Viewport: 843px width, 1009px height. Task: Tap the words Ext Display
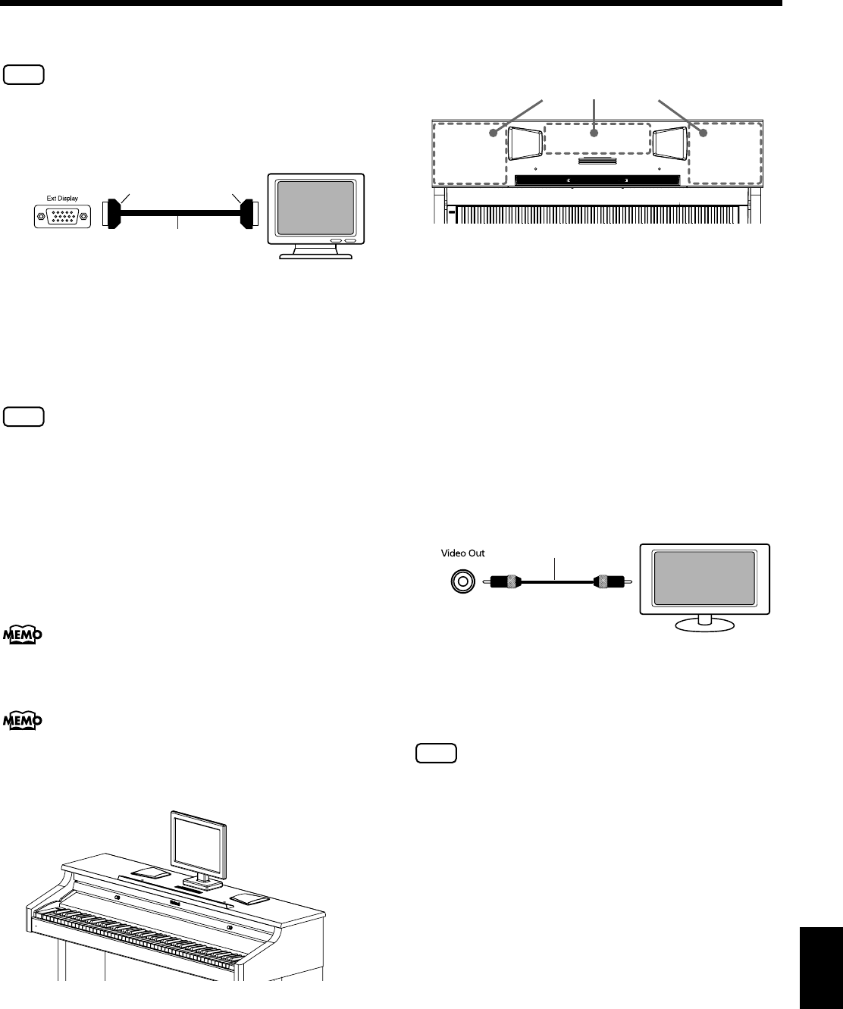(x=61, y=196)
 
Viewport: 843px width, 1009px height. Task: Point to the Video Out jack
(x=459, y=581)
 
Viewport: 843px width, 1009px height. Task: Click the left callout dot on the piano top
(x=494, y=133)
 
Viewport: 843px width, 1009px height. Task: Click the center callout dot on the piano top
(x=594, y=133)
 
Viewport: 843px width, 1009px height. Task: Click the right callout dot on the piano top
(x=703, y=133)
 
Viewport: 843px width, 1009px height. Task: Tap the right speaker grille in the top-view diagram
(x=669, y=143)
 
